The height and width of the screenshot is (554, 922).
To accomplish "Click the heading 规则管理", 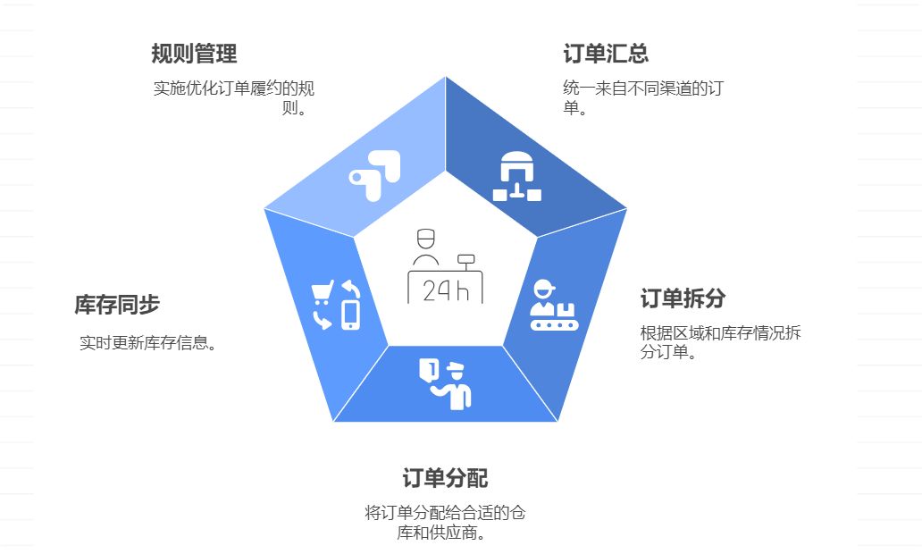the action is coord(194,54).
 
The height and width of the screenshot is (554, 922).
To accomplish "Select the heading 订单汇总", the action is coord(606,54).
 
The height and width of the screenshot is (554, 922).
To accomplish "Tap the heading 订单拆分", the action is coord(683,298).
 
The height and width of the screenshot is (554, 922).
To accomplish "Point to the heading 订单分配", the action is coord(445,478).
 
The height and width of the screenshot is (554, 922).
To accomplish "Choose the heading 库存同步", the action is coord(117,305).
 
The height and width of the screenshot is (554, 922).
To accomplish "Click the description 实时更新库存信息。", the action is coord(148,342).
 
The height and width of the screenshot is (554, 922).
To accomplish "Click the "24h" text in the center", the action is coord(446,290).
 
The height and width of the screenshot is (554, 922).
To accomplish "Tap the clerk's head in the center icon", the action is coord(425,239).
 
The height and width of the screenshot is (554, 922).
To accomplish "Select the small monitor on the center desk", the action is coord(465,260).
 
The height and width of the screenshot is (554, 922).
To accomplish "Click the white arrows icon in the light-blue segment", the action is coord(375,170).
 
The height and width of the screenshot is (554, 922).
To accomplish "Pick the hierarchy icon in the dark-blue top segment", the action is coord(516,177).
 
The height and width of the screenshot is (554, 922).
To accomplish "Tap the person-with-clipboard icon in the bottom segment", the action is coord(446,383).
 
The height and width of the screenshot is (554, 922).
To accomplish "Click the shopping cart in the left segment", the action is coord(322,293).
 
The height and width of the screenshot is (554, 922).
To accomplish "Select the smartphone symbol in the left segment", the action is coord(350,315).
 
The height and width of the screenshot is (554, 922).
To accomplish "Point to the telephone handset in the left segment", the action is coord(322,319).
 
